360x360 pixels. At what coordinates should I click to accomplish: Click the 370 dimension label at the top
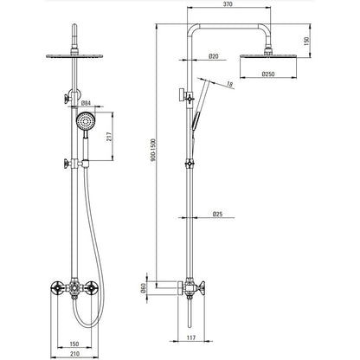pyautogui.click(x=228, y=4)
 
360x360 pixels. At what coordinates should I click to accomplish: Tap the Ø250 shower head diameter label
pyautogui.click(x=268, y=74)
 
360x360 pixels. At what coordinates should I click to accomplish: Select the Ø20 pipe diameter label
pyautogui.click(x=214, y=56)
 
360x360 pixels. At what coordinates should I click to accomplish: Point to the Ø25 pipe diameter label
pyautogui.click(x=217, y=214)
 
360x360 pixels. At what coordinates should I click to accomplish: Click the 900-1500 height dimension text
pyautogui.click(x=153, y=150)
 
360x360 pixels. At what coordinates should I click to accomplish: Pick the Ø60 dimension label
pyautogui.click(x=142, y=288)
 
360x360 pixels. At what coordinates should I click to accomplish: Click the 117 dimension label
pyautogui.click(x=191, y=337)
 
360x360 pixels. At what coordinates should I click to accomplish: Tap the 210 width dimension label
pyautogui.click(x=74, y=354)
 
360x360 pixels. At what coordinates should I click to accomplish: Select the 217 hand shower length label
pyautogui.click(x=109, y=137)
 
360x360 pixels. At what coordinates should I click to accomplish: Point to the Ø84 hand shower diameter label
pyautogui.click(x=87, y=103)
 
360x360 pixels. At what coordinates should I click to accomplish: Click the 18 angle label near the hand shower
pyautogui.click(x=229, y=84)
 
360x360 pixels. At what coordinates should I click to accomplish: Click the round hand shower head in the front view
pyautogui.click(x=85, y=121)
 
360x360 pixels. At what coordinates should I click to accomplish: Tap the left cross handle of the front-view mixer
pyautogui.click(x=57, y=287)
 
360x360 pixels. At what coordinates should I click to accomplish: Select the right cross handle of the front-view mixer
pyautogui.click(x=92, y=287)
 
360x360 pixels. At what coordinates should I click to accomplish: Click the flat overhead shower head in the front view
pyautogui.click(x=74, y=55)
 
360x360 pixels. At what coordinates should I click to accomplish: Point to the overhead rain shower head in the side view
pyautogui.click(x=268, y=55)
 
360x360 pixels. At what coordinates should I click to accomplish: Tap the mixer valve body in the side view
pyautogui.click(x=190, y=287)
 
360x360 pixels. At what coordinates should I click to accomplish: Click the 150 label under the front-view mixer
pyautogui.click(x=74, y=344)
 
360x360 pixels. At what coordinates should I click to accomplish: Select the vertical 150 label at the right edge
pyautogui.click(x=306, y=41)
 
